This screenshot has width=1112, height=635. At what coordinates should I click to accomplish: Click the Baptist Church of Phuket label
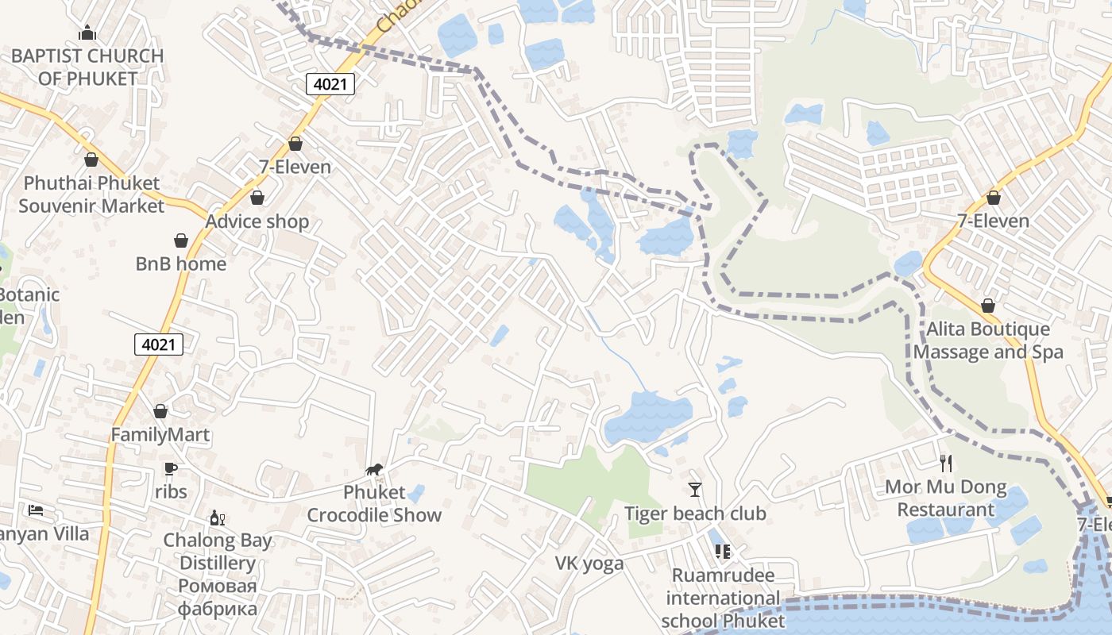[x=87, y=67]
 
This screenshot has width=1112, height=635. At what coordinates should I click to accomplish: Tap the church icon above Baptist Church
[x=87, y=33]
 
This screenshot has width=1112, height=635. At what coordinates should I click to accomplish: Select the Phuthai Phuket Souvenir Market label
[x=91, y=194]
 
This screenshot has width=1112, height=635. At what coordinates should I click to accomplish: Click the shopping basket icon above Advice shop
[x=257, y=198]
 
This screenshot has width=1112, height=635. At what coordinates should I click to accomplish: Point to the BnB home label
[x=181, y=264]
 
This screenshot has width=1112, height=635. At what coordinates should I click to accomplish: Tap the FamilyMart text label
[x=160, y=435]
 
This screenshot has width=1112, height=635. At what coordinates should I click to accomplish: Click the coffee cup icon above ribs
[x=170, y=468]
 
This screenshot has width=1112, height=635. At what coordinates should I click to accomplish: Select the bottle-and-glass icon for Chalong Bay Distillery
[x=217, y=518]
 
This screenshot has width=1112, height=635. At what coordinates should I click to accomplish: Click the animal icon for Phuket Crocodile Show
[x=374, y=469]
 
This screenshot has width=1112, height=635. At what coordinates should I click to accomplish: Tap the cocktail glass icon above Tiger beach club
[x=695, y=489]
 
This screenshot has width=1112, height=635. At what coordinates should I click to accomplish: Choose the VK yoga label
[x=589, y=564]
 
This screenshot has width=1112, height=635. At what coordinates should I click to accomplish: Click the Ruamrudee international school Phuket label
[x=723, y=598]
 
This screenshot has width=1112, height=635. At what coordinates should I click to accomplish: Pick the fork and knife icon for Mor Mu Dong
[x=945, y=463]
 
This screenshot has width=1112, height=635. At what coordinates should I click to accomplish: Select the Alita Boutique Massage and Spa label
[x=988, y=341]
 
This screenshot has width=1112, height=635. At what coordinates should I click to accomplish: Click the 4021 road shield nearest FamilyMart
[x=159, y=344]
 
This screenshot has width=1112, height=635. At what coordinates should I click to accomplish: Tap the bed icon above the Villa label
[x=36, y=510]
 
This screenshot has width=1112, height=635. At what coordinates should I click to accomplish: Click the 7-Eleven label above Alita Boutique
[x=993, y=221]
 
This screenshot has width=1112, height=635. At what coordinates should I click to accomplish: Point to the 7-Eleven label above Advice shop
[x=295, y=167]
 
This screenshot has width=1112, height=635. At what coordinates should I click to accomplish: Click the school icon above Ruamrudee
[x=722, y=551]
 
